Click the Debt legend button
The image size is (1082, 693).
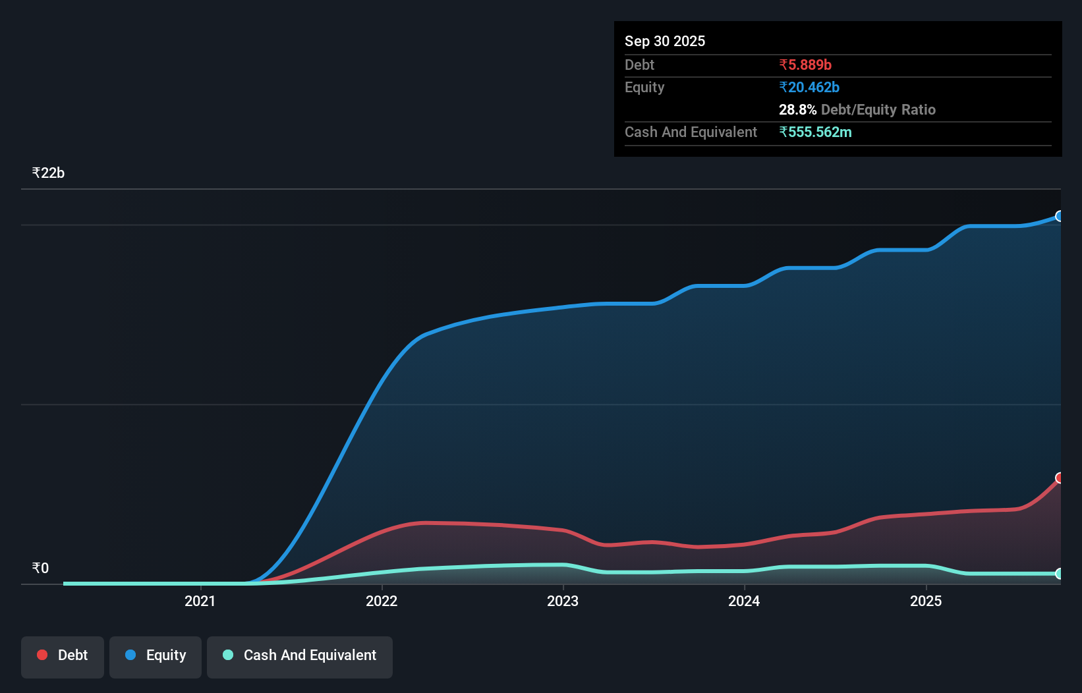click(x=63, y=655)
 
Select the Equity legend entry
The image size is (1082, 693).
click(x=156, y=655)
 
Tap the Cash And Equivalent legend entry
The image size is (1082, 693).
click(x=300, y=655)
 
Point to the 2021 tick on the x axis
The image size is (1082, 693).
click(x=200, y=601)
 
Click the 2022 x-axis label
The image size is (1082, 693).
click(x=382, y=601)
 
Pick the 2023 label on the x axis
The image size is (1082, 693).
click(x=563, y=601)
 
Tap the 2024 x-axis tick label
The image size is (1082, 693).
click(x=744, y=601)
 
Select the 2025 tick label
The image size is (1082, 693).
click(x=926, y=601)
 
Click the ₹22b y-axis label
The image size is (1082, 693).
click(x=48, y=173)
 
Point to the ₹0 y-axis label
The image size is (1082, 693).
click(x=40, y=568)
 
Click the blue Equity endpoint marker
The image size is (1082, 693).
click(x=1060, y=216)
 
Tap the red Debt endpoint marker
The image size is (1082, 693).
click(x=1060, y=478)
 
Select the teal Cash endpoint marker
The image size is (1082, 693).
click(x=1060, y=574)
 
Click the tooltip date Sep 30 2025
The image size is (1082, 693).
click(x=665, y=41)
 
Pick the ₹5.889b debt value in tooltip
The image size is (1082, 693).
click(x=805, y=65)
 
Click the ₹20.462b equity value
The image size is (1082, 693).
click(x=809, y=87)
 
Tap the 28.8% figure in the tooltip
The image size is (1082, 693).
click(x=797, y=109)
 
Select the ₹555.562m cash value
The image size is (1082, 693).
click(x=815, y=132)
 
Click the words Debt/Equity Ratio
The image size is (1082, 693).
click(x=878, y=109)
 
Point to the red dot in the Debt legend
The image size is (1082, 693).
click(x=42, y=655)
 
